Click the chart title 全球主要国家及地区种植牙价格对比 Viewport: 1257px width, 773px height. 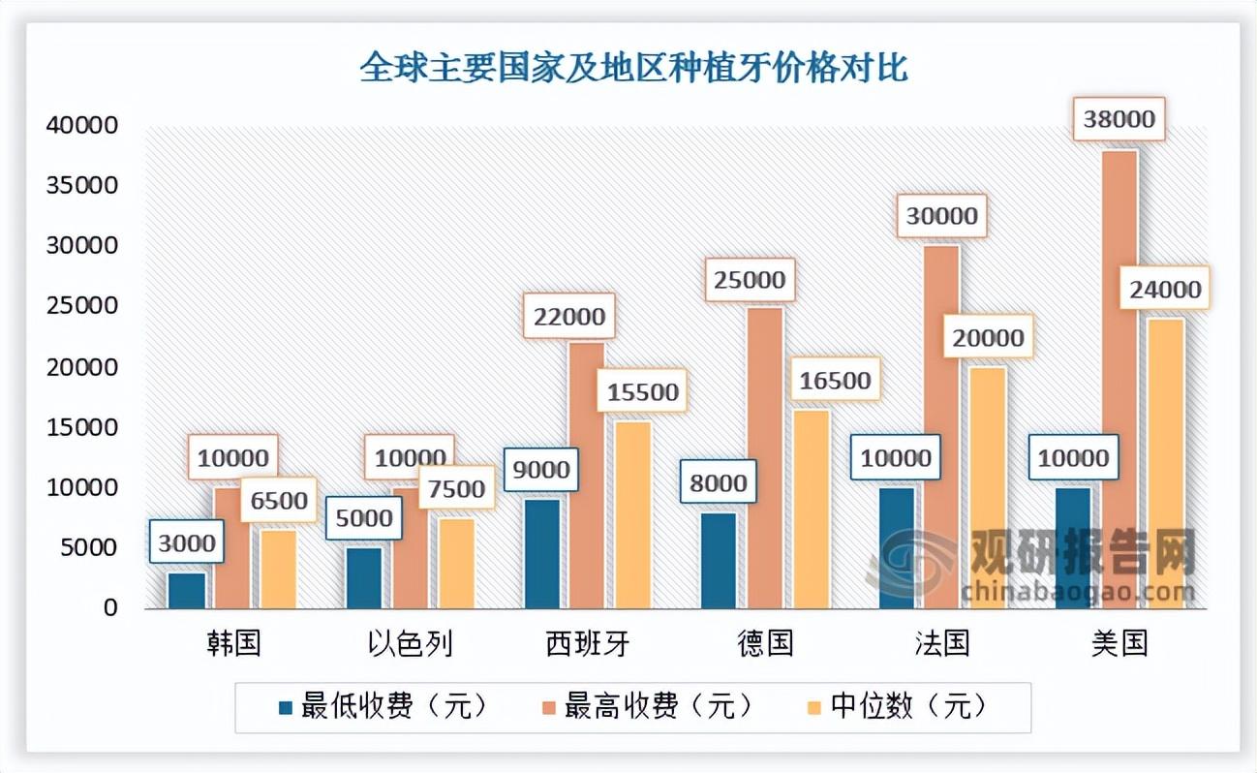tap(634, 70)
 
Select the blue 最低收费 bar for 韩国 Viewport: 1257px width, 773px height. tap(186, 591)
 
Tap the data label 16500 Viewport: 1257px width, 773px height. tap(834, 380)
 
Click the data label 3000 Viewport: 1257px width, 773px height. tap(186, 542)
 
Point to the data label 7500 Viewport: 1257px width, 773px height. tap(456, 488)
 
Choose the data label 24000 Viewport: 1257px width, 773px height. tap(1165, 289)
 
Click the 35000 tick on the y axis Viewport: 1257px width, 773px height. tap(82, 186)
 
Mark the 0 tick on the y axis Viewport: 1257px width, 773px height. tap(112, 608)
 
